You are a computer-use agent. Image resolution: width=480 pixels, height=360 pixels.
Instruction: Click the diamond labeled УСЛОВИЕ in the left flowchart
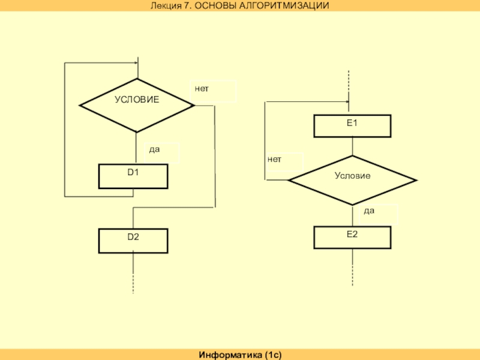pyautogui.click(x=137, y=105)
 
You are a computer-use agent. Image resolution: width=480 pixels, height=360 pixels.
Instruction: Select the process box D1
pyautogui.click(x=133, y=176)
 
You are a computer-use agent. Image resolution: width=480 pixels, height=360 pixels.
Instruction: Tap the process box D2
pyautogui.click(x=133, y=240)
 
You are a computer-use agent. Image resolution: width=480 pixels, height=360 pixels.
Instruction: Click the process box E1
pyautogui.click(x=352, y=126)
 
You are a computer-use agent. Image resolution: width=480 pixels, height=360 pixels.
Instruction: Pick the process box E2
pyautogui.click(x=352, y=237)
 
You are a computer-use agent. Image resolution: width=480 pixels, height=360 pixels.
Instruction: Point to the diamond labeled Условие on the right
pyautogui.click(x=352, y=180)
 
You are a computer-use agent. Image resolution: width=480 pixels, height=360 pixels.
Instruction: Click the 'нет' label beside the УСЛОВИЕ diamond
pyautogui.click(x=202, y=88)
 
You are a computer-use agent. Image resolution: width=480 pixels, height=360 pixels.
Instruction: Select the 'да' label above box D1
pyautogui.click(x=154, y=149)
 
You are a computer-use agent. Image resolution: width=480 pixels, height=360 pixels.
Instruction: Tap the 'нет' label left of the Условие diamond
pyautogui.click(x=274, y=160)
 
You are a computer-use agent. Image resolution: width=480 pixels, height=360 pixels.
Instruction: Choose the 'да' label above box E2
pyautogui.click(x=370, y=211)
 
